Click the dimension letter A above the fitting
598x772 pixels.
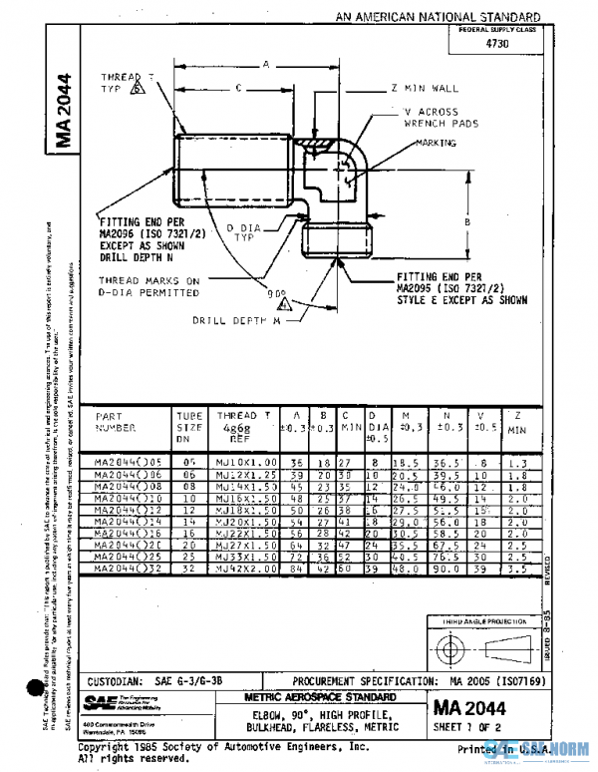tap(265, 64)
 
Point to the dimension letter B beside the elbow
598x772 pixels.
tap(466, 220)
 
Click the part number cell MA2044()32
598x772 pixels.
tap(127, 569)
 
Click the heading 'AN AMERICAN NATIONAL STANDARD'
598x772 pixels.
tap(438, 17)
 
